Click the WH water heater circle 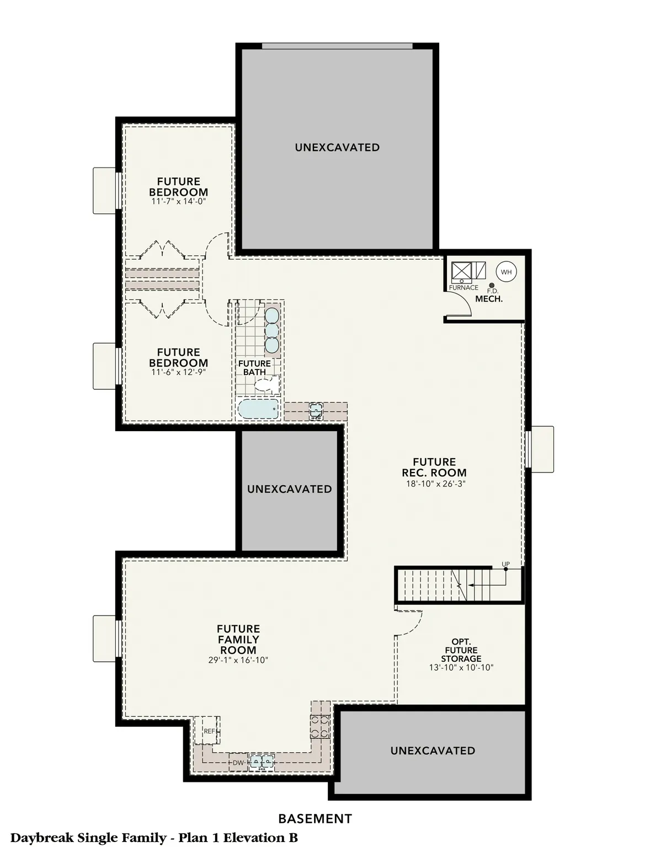(506, 272)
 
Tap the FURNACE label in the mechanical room (464, 287)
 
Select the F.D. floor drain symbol (492, 285)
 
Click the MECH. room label (488, 299)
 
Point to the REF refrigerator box (209, 731)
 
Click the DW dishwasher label (238, 763)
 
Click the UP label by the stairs (505, 564)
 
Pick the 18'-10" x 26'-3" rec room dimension (434, 484)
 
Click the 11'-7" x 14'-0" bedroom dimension (178, 202)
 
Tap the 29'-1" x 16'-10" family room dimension (238, 660)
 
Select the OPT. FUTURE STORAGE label (461, 650)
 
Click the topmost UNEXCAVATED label (337, 147)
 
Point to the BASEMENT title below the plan (315, 818)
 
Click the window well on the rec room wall (541, 449)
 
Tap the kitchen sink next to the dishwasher (261, 762)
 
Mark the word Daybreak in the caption (42, 838)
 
